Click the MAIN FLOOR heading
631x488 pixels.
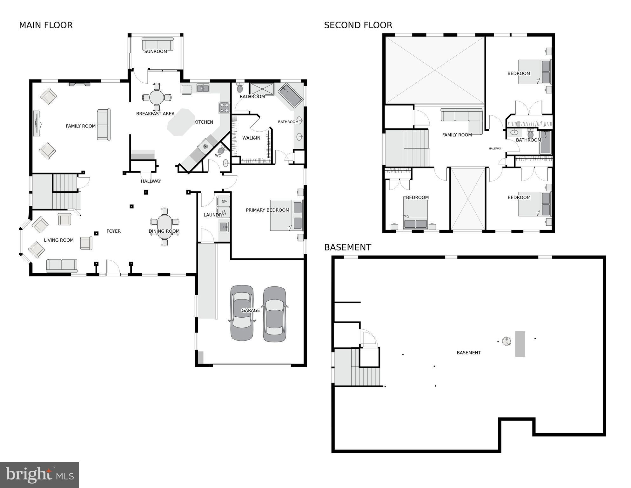(x=46, y=25)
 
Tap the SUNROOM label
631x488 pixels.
(x=156, y=52)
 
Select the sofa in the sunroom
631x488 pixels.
(x=158, y=44)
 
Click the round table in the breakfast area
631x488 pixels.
(x=157, y=97)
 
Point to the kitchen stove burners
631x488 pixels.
(x=224, y=108)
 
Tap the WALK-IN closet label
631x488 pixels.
(x=251, y=138)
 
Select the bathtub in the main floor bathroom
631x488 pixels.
(x=290, y=95)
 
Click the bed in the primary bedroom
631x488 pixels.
(x=286, y=215)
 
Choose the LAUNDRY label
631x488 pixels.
(x=214, y=215)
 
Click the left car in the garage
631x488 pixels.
(x=242, y=313)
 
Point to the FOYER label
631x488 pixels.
(x=113, y=231)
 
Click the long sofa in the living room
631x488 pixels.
(x=62, y=265)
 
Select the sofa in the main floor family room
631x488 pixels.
(x=104, y=125)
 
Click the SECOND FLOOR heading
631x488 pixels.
(x=358, y=25)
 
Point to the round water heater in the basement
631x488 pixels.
(x=507, y=341)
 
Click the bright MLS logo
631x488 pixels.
(x=39, y=475)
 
